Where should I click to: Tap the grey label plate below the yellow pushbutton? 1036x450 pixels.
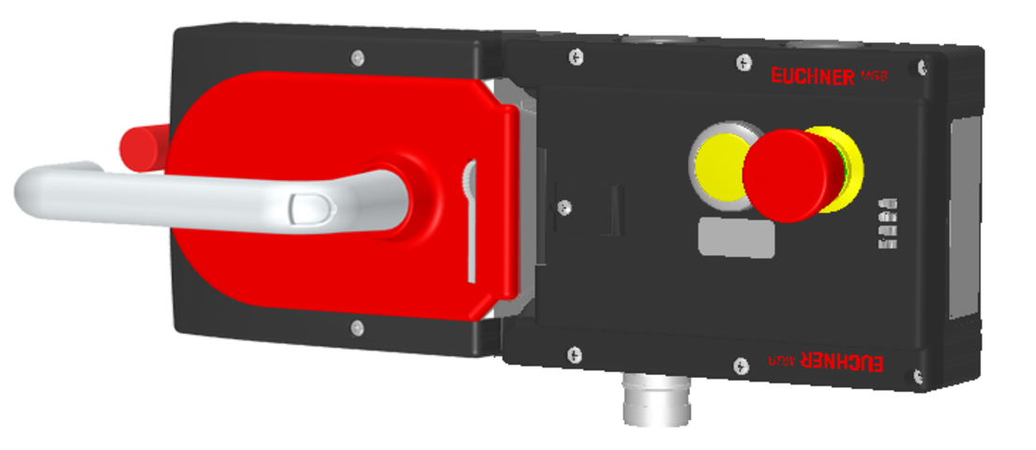point(736,236)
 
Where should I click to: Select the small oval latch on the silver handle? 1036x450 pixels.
point(305,208)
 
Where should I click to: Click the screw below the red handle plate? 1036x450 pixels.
point(356,327)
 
